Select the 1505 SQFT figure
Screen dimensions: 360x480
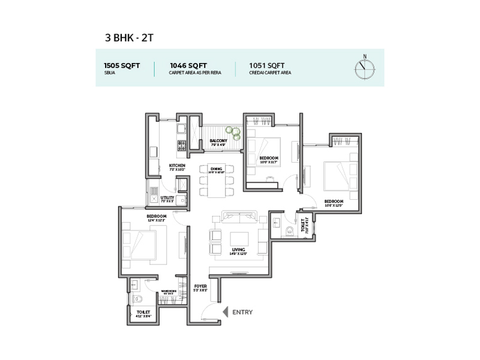122,65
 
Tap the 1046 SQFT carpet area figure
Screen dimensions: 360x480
188,65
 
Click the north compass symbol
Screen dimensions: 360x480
364,68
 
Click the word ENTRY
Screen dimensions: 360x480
243,312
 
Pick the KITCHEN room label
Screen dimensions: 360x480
177,166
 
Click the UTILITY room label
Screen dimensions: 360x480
167,198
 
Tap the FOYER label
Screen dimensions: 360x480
200,287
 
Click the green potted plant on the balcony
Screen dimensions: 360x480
232,133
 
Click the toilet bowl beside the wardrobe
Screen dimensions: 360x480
138,298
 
